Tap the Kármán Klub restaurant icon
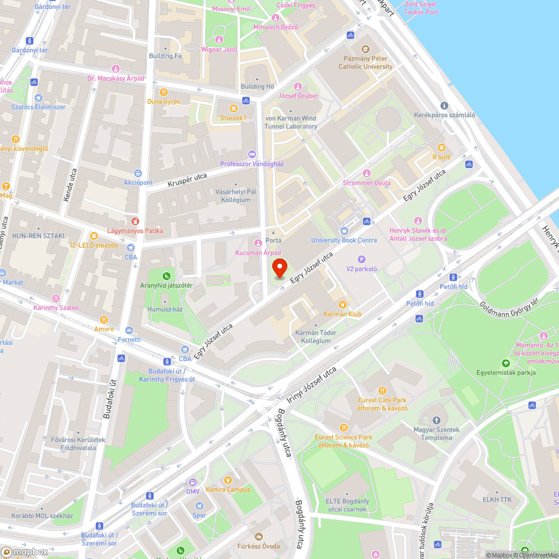343,305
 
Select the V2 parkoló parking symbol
361,259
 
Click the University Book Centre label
344,240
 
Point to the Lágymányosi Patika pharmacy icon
135,221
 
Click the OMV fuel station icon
192,482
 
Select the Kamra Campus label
228,489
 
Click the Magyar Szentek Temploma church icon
437,420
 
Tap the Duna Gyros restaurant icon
164,92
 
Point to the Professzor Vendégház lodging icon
252,154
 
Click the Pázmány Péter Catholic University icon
366,49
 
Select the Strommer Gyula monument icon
367,173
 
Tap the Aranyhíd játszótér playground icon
167,276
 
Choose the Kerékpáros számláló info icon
444,105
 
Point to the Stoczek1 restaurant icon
233,108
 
